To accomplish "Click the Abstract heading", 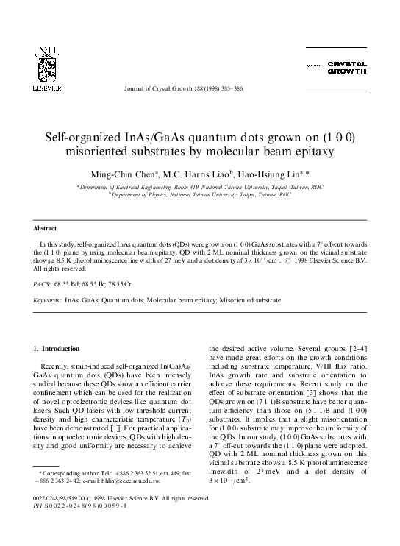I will (x=48, y=228).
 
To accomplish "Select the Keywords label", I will (x=48, y=300).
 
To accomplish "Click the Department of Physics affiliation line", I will (x=200, y=195).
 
